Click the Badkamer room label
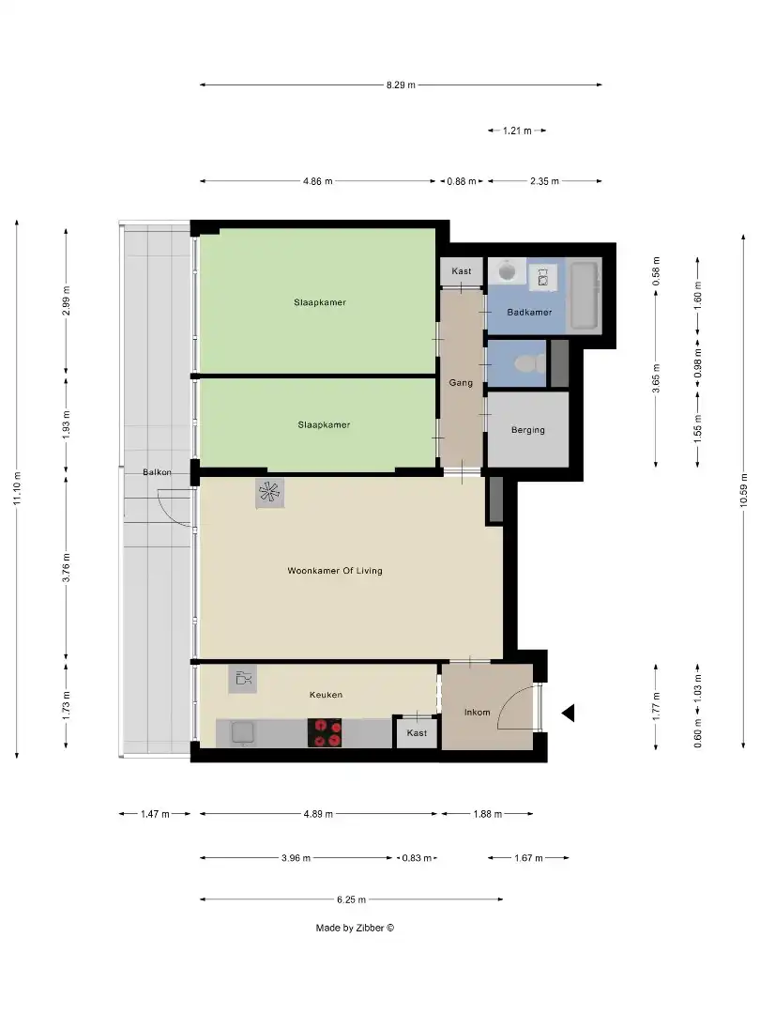529,312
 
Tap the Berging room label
527,430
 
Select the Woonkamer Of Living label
334,570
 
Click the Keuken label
326,695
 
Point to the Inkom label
477,712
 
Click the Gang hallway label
461,383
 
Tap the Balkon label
157,472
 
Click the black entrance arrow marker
568,714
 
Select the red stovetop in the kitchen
327,732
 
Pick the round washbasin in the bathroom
508,270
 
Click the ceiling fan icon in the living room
269,493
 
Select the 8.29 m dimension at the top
401,84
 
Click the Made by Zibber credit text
355,928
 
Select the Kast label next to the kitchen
418,732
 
